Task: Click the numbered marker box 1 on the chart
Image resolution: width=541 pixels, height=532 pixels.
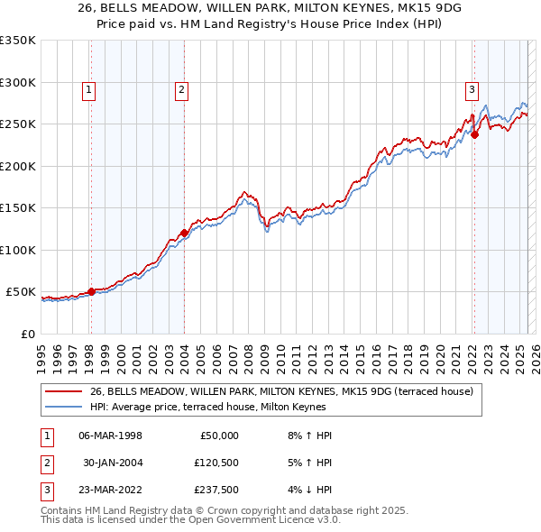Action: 90,89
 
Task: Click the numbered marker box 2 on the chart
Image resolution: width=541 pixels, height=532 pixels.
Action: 181,89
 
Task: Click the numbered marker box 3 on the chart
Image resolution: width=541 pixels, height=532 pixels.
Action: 472,89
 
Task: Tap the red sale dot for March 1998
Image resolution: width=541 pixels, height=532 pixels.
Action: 91,291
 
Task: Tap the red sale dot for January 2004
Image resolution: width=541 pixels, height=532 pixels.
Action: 184,233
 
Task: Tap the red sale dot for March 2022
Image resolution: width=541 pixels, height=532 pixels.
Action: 474,135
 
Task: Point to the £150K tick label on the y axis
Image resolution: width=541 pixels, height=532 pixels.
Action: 18,207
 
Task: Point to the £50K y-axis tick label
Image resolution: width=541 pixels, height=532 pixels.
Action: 21,292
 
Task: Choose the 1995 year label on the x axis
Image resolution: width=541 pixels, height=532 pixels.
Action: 41,351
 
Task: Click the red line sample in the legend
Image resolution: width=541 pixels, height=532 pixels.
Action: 64,391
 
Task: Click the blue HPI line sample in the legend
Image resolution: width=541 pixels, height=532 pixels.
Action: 64,407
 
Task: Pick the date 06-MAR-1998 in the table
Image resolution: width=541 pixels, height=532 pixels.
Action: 110,436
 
